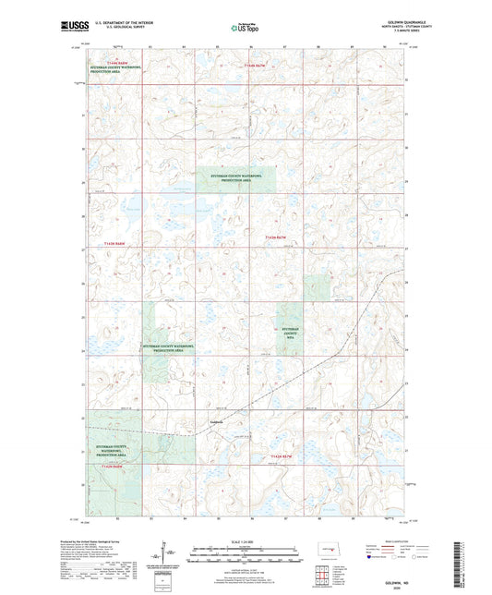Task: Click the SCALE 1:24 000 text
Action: pos(245,540)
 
